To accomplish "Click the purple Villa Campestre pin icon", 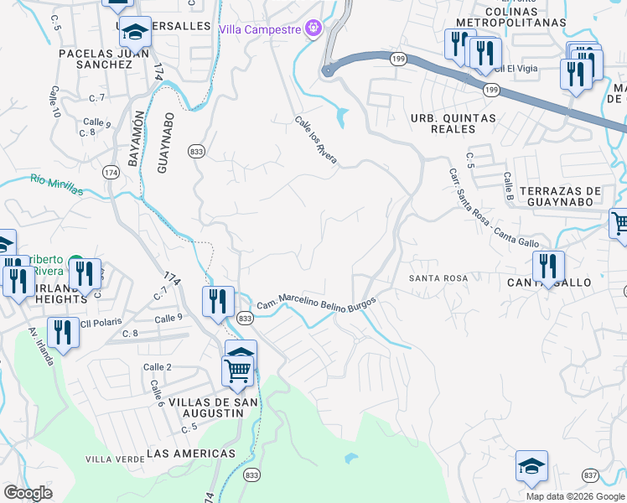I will [313, 29].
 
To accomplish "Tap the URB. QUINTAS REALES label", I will [453, 123].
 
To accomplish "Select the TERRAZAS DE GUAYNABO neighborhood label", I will [561, 196].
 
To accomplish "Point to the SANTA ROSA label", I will [438, 277].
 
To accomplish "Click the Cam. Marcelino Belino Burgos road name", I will [316, 303].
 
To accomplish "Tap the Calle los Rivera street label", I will [315, 140].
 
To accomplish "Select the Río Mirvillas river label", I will [56, 184].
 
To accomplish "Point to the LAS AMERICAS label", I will [191, 454].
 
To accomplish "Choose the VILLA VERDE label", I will [110, 459].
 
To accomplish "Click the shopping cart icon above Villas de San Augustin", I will [239, 370].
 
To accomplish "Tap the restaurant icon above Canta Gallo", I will [548, 267].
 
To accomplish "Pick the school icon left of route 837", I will [531, 466].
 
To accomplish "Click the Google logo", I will [28, 493].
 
